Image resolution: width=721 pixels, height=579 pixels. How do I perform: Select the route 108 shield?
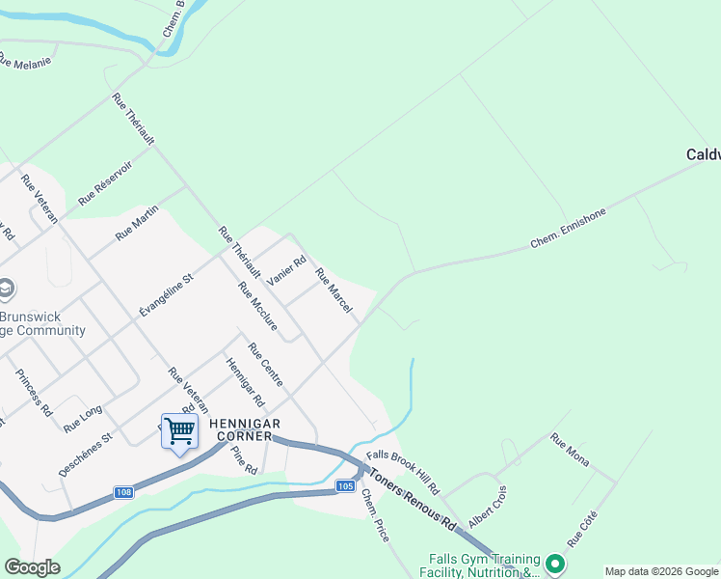coord(123,492)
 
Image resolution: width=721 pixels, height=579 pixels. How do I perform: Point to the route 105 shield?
coord(345,485)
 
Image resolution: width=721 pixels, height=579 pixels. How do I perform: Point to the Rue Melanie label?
coord(23,60)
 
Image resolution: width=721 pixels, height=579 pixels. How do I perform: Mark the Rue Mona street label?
coord(570,449)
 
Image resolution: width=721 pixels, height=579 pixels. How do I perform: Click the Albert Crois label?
coord(488,506)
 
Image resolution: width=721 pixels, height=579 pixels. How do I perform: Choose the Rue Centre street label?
coord(265,366)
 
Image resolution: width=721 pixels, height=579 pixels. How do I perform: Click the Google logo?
coord(32,567)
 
